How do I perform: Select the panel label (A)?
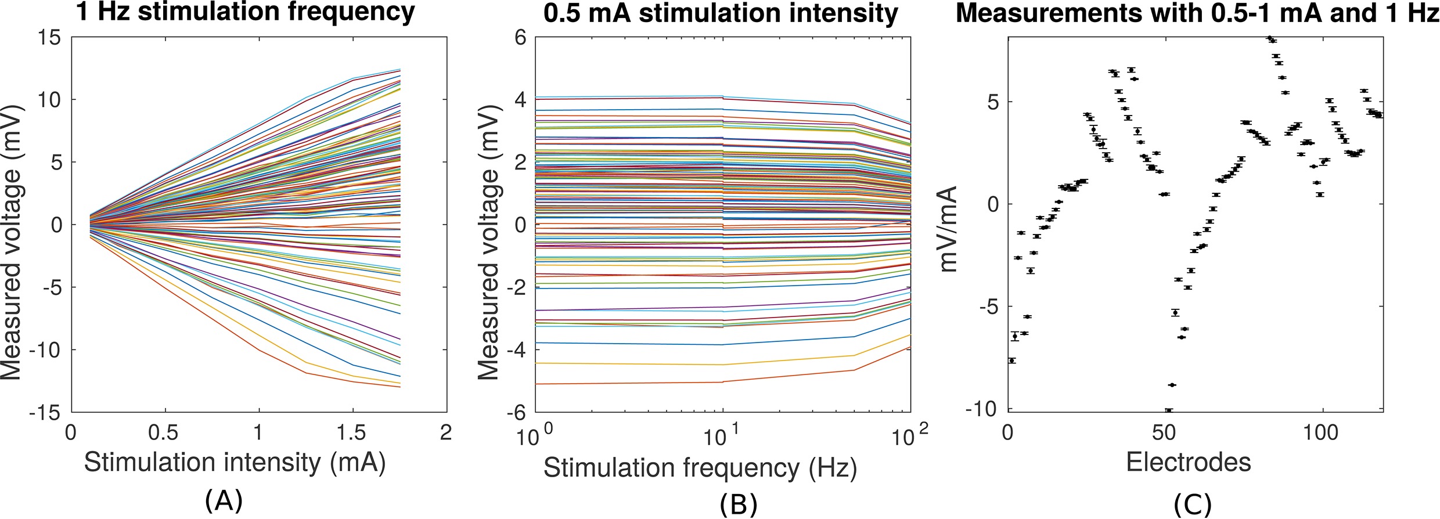(224, 501)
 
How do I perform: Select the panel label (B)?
(738, 504)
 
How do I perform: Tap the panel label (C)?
(1193, 504)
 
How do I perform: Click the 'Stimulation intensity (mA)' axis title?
(235, 463)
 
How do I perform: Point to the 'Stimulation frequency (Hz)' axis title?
(700, 468)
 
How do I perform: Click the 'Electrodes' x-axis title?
(1188, 462)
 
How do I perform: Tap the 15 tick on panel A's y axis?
(49, 38)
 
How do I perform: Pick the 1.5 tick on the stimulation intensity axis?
(352, 432)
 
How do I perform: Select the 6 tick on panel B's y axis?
(519, 38)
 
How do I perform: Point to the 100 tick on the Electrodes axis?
(1322, 432)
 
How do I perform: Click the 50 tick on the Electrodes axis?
(1164, 432)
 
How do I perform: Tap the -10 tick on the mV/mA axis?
(981, 409)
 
